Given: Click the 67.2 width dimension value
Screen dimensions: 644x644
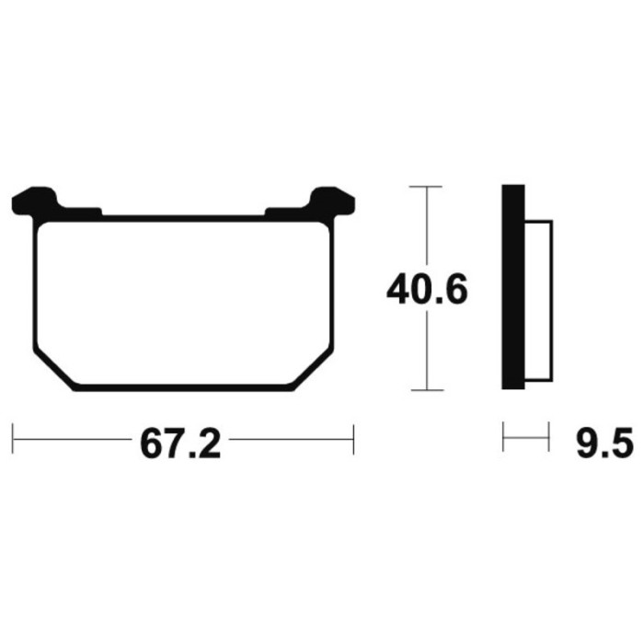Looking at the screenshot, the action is pyautogui.click(x=180, y=444).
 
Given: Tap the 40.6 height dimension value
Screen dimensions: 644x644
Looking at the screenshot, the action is pyautogui.click(x=427, y=289).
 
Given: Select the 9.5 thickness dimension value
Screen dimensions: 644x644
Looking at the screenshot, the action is pyautogui.click(x=605, y=443).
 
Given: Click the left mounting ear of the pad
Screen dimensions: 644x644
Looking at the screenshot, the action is pyautogui.click(x=35, y=201).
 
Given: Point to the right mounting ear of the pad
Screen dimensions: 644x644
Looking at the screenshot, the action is pyautogui.click(x=332, y=201).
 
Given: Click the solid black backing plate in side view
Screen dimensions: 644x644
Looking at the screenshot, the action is pyautogui.click(x=513, y=287).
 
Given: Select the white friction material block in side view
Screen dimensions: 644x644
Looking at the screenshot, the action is pyautogui.click(x=538, y=301).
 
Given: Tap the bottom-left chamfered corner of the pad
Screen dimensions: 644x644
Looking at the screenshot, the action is pyautogui.click(x=54, y=369).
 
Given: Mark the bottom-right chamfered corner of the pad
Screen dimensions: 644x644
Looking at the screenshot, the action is pyautogui.click(x=314, y=369).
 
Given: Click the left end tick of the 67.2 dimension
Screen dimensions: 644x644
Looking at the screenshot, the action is pyautogui.click(x=13, y=439).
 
